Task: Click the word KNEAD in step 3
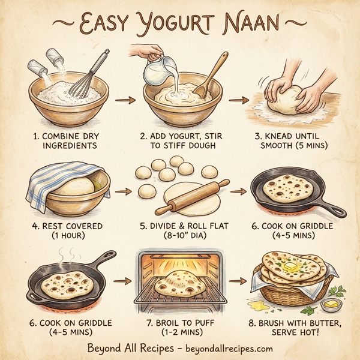click(x=280, y=137)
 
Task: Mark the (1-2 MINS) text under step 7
click(x=181, y=332)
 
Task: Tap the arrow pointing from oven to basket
click(x=241, y=281)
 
